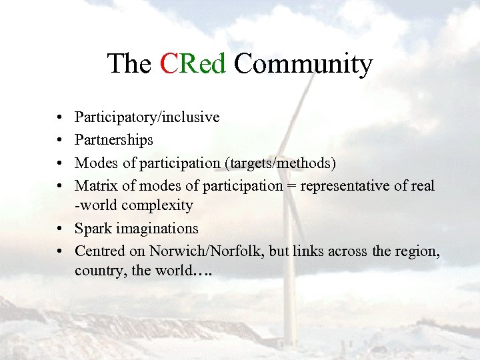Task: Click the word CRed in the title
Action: (x=193, y=64)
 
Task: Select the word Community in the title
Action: (x=303, y=64)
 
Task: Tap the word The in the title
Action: (x=129, y=64)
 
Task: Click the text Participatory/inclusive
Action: (x=147, y=117)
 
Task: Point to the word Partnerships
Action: (x=114, y=140)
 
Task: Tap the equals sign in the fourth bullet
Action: (x=291, y=185)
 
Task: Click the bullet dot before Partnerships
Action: (x=60, y=141)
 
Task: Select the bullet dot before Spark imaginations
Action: (x=60, y=229)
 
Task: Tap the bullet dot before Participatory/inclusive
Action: (x=60, y=118)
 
